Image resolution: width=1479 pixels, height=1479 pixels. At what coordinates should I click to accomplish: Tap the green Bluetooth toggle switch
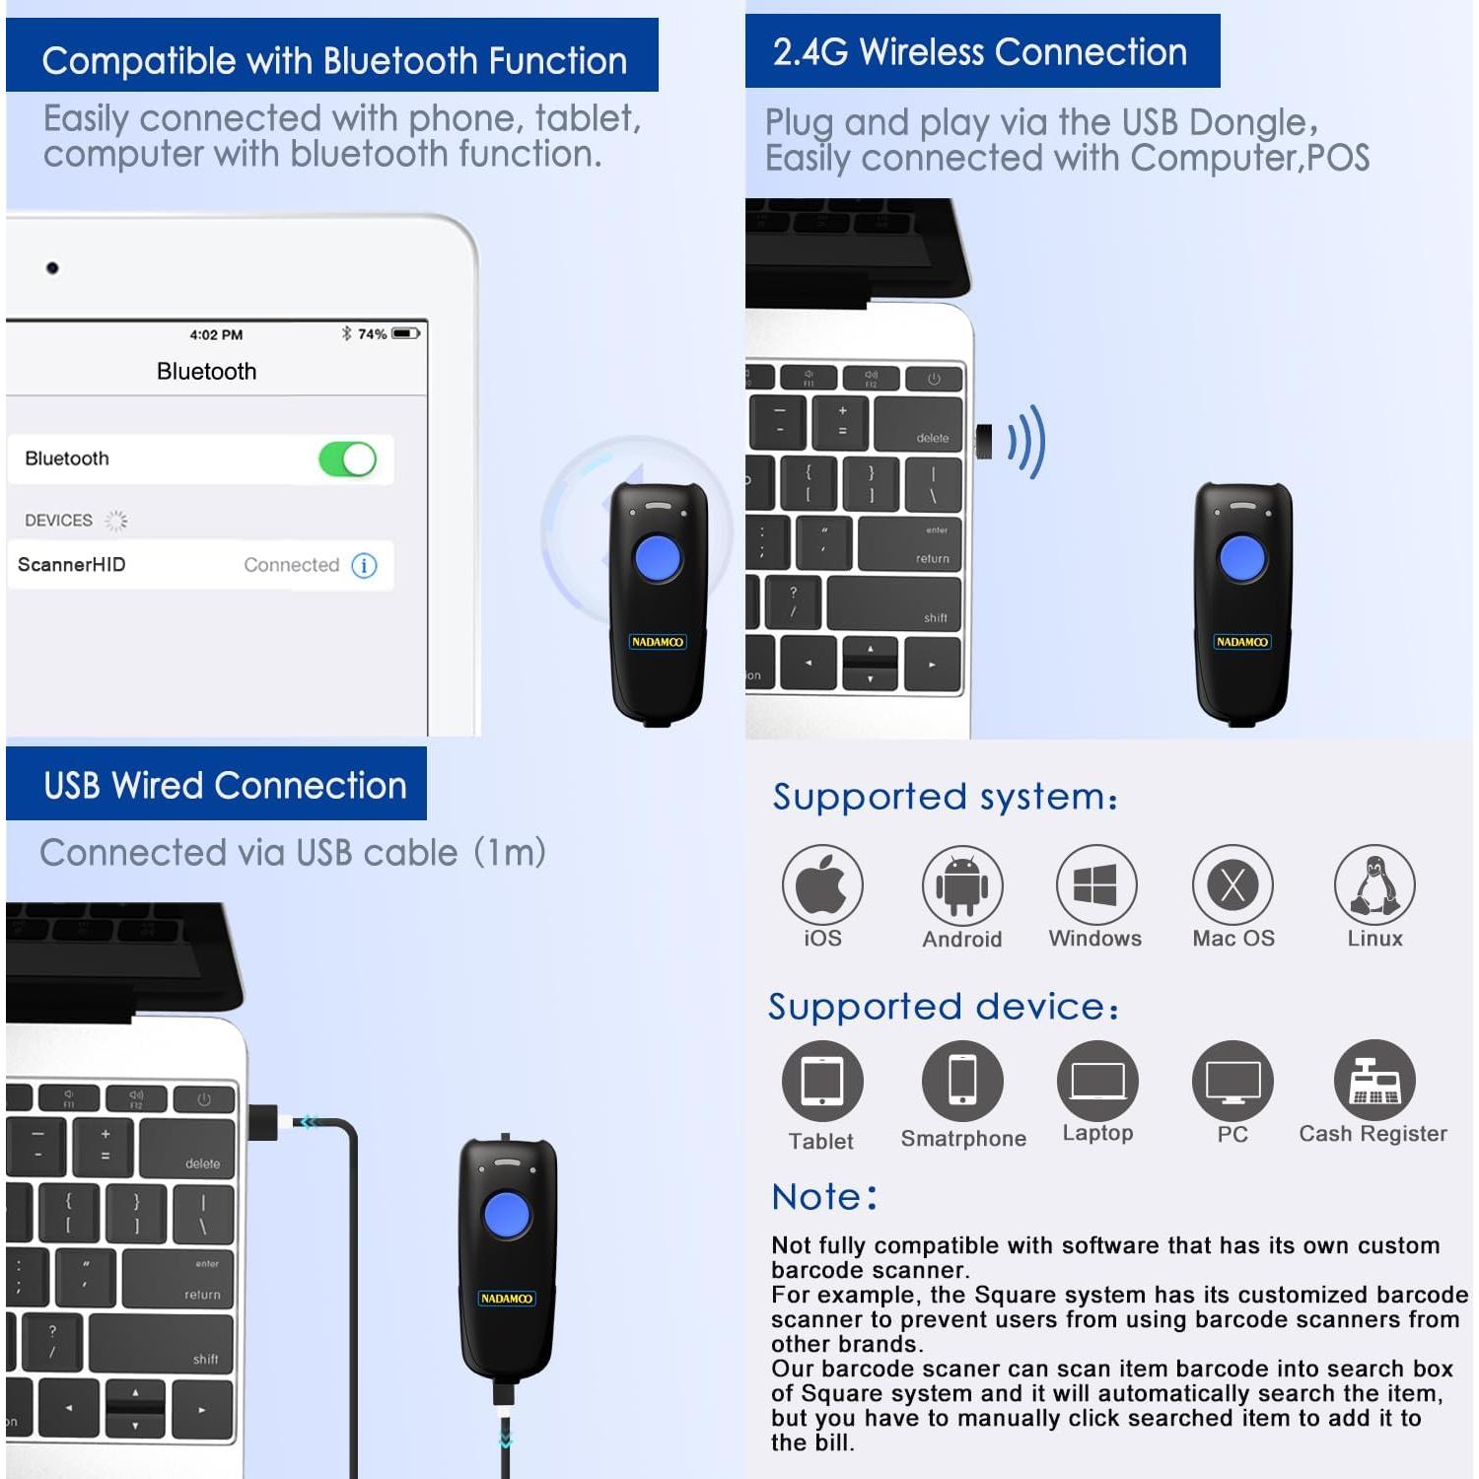347,459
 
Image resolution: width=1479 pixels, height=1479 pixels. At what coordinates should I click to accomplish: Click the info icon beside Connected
364,565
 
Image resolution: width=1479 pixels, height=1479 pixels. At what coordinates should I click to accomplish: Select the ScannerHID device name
72,565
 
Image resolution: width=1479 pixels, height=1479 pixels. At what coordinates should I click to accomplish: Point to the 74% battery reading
372,334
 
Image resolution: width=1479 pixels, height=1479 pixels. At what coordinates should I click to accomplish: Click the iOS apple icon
822,884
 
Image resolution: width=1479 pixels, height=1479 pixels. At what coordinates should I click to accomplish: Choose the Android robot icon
962,884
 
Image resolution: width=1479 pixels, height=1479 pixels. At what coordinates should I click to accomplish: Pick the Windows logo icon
1095,884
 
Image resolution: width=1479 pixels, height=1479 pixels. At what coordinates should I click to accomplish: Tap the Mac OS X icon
1232,884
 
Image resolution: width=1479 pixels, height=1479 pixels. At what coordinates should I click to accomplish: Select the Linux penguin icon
1374,884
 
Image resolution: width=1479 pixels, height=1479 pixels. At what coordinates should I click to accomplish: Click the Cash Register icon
1374,1081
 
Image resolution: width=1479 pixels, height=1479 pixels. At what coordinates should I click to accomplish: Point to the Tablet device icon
822,1081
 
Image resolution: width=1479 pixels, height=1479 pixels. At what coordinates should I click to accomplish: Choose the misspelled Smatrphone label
963,1139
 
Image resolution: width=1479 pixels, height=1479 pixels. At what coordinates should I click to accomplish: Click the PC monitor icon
1232,1081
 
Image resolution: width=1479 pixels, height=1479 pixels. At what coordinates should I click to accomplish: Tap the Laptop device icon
1097,1081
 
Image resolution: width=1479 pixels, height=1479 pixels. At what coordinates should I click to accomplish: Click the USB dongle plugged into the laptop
984,442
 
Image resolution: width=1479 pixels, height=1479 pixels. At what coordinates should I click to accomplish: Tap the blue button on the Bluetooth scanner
658,558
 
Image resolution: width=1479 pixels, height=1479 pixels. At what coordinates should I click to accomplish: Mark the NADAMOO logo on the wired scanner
507,1299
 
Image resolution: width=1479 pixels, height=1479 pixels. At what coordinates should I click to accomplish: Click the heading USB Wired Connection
225,786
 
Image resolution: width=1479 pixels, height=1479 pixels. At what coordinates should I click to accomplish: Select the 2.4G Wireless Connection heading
980,52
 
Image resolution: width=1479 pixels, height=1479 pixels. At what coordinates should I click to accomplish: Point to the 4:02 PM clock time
216,335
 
